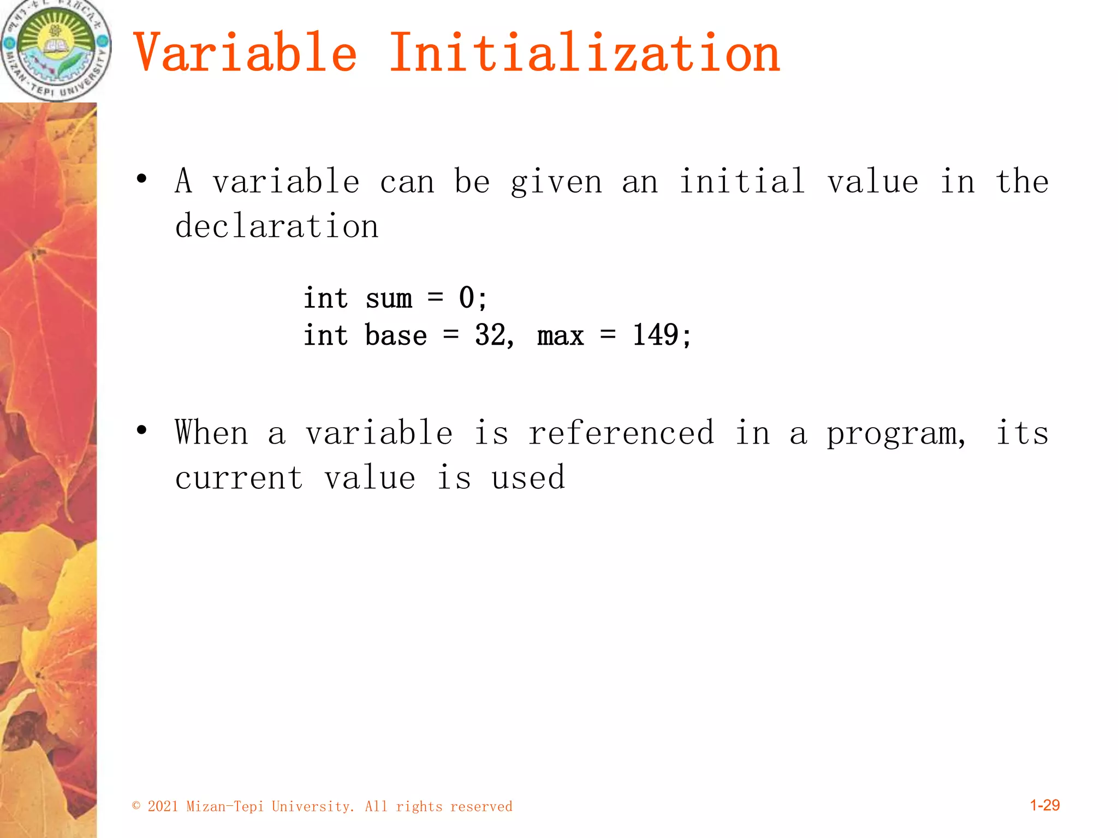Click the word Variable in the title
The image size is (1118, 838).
245,53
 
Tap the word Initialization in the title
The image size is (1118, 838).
584,53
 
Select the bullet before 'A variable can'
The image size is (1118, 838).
142,179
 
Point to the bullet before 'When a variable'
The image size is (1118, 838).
142,430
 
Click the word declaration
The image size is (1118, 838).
277,226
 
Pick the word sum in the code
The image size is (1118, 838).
389,299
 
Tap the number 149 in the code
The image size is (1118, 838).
656,335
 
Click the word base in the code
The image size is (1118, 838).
396,335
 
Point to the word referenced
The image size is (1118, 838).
621,433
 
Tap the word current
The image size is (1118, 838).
239,478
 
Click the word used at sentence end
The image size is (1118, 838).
528,478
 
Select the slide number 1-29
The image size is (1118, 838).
1044,805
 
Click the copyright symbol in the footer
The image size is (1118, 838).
136,806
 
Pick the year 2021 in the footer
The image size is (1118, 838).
163,806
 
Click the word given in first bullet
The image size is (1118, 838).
556,182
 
